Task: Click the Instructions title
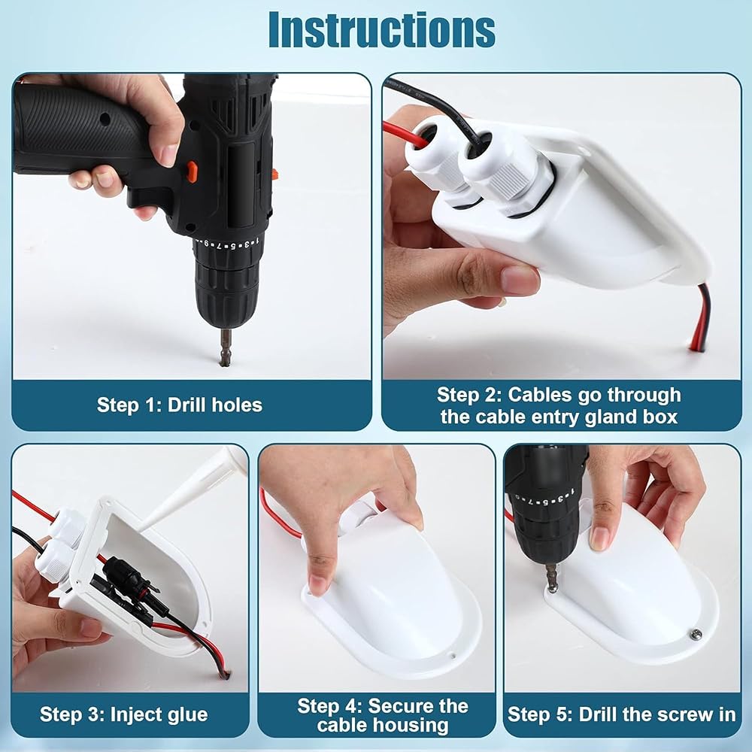coord(382,30)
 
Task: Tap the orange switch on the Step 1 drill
coord(192,168)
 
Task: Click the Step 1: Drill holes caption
coord(180,405)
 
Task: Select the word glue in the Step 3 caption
coord(186,714)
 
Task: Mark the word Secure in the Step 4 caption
coord(399,705)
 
